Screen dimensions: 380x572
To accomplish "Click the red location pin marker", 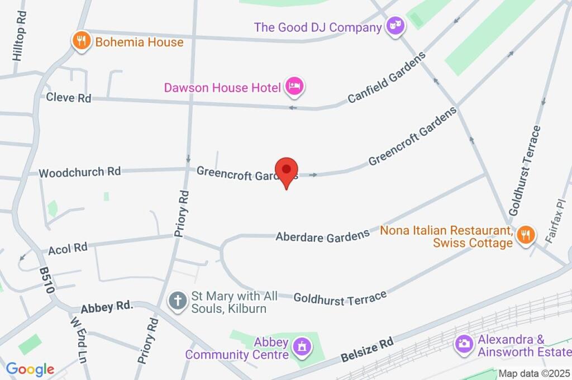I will click(x=287, y=170).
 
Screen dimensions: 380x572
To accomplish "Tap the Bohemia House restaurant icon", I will click(x=82, y=41).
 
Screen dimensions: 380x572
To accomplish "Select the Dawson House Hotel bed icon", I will click(x=294, y=86).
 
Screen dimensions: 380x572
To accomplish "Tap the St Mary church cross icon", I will click(x=178, y=301).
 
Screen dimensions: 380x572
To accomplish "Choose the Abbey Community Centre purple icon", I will click(x=302, y=348).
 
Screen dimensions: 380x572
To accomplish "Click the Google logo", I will click(x=30, y=369).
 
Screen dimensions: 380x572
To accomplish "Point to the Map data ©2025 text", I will click(x=534, y=373).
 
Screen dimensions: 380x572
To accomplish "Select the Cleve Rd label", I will click(x=69, y=98).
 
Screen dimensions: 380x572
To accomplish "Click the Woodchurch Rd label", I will click(x=80, y=172).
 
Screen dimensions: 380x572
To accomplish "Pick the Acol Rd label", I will click(x=68, y=248).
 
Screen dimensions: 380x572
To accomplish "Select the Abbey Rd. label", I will click(x=106, y=307).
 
